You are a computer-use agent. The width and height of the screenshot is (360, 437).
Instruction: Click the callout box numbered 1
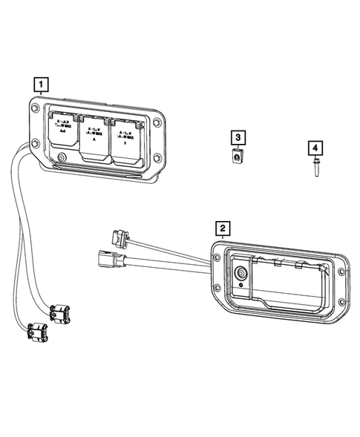42,82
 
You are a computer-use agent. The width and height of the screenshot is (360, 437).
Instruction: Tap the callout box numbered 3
237,138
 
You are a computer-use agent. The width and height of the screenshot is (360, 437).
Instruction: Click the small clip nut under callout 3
237,157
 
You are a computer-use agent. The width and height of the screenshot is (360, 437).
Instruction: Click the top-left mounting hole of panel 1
36,110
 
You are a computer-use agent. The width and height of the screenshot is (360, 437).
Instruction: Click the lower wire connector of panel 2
105,259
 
